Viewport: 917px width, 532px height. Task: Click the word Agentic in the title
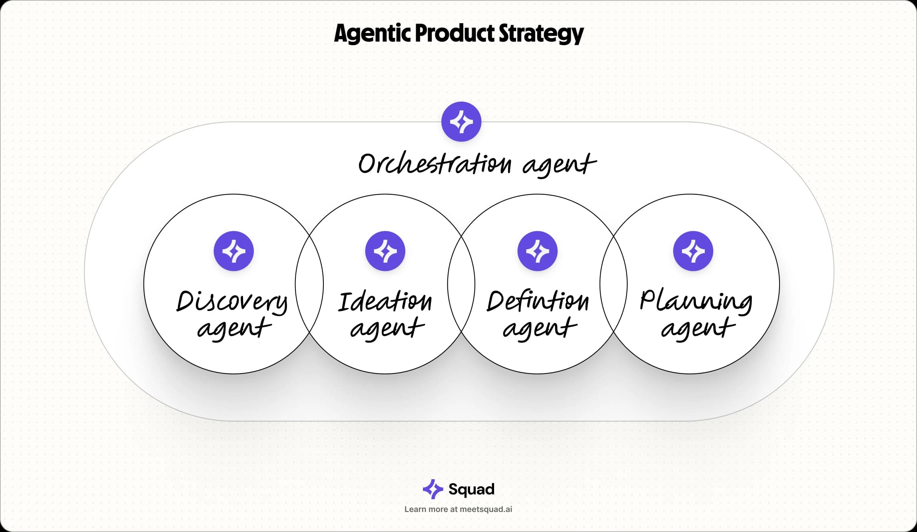(x=372, y=33)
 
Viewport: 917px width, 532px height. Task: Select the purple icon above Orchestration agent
(x=461, y=122)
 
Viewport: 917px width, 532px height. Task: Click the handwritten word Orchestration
(x=435, y=164)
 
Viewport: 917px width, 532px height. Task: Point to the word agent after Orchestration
(x=559, y=165)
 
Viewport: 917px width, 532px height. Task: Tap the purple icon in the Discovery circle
(x=234, y=251)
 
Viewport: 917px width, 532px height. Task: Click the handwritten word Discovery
(x=232, y=302)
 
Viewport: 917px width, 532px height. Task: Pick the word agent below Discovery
(x=234, y=329)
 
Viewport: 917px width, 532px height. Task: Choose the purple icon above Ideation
(x=385, y=251)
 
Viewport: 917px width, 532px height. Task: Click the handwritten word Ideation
(x=385, y=302)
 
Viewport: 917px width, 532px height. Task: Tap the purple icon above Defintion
(x=538, y=251)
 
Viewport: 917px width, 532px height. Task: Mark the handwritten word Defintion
(x=538, y=302)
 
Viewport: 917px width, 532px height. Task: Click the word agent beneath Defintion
(x=540, y=329)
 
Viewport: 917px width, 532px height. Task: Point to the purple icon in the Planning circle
(x=693, y=251)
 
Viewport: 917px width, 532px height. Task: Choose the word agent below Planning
(x=698, y=329)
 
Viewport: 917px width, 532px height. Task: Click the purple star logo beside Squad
(x=433, y=489)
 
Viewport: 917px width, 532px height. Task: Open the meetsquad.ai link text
(x=486, y=509)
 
